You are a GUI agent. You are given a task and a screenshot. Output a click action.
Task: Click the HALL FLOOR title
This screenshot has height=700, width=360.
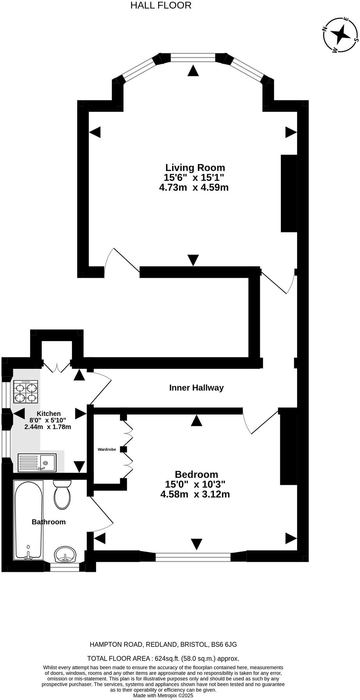click(x=160, y=5)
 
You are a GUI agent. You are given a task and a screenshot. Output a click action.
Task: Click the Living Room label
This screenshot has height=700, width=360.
click(x=195, y=168)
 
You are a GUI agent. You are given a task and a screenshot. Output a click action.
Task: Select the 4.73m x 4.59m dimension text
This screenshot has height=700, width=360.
click(x=194, y=187)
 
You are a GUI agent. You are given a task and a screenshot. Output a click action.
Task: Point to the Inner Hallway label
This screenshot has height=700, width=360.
click(x=196, y=388)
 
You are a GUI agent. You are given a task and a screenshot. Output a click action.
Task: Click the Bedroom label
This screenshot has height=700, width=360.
click(x=196, y=474)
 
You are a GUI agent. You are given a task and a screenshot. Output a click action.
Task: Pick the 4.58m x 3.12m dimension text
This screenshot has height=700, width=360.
click(x=195, y=494)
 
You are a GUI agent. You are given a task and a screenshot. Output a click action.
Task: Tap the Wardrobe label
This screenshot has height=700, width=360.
click(x=107, y=450)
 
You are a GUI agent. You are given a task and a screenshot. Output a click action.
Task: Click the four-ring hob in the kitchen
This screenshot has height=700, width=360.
click(x=26, y=392)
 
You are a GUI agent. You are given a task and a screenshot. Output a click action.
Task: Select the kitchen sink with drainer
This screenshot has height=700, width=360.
click(x=37, y=462)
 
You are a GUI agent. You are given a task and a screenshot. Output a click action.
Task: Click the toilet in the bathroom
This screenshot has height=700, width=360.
click(x=62, y=495)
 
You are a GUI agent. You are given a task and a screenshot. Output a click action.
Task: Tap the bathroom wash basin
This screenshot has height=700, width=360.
click(x=65, y=554)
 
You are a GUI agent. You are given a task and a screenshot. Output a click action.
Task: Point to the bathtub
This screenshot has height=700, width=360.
click(x=28, y=520)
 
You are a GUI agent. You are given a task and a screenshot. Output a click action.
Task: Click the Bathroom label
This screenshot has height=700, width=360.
click(x=48, y=522)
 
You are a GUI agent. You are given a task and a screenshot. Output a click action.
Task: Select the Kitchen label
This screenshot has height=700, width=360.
click(x=49, y=414)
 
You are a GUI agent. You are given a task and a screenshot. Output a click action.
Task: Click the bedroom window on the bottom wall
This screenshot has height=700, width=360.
click(x=193, y=557)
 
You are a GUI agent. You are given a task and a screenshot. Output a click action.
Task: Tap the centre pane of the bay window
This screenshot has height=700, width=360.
click(x=193, y=58)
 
